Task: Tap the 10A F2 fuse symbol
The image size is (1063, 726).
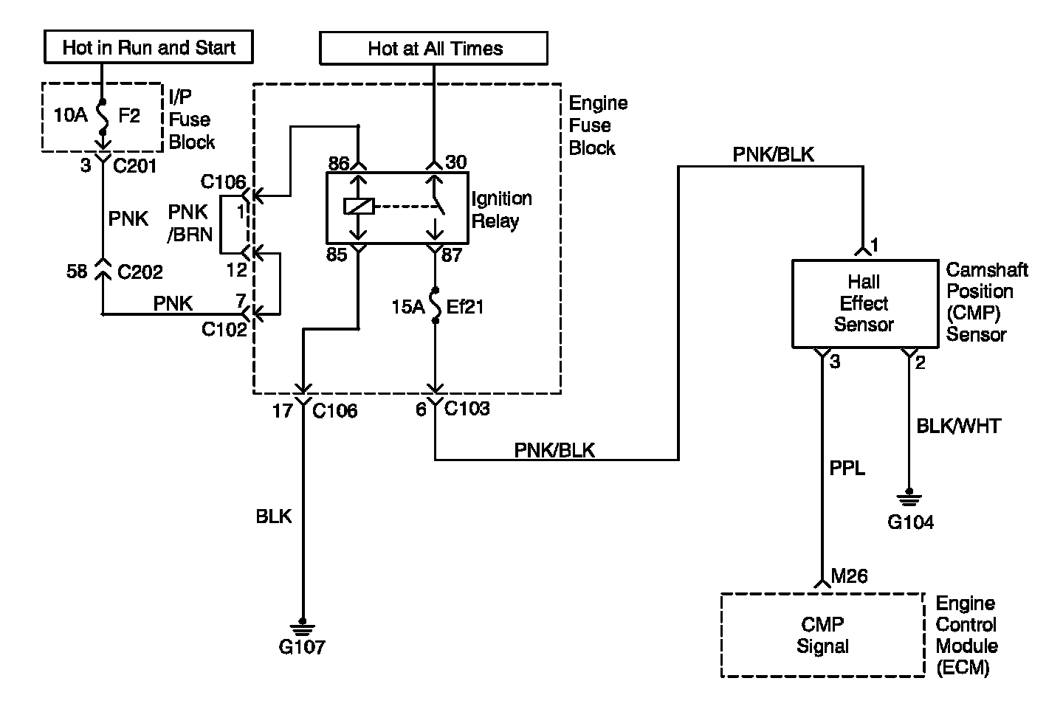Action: click(x=103, y=117)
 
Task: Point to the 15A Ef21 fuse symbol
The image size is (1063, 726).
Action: click(x=436, y=305)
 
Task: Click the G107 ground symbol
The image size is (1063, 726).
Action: click(x=303, y=628)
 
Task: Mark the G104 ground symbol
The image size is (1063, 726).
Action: click(x=909, y=498)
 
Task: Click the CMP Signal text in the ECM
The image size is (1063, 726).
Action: click(x=822, y=635)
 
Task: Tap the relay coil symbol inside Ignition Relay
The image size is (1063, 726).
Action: click(x=359, y=207)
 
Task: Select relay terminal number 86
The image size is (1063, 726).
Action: click(x=339, y=164)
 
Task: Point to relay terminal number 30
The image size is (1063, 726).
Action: click(x=456, y=162)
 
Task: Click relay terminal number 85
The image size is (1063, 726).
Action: click(x=337, y=255)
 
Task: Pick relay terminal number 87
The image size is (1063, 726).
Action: click(x=452, y=255)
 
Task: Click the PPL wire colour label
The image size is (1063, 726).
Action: click(x=847, y=468)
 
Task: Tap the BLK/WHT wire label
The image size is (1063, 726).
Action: click(x=959, y=426)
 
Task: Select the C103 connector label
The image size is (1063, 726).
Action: click(x=467, y=408)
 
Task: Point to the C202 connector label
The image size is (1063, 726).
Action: click(x=140, y=272)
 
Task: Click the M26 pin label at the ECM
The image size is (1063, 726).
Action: click(x=850, y=576)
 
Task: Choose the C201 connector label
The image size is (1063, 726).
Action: click(x=135, y=166)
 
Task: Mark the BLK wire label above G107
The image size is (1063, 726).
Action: click(x=274, y=516)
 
